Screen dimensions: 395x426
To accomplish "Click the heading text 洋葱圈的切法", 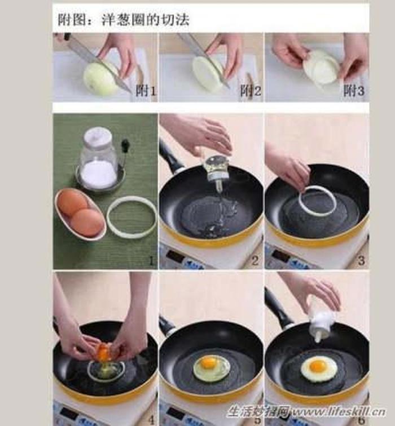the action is tap(146, 20).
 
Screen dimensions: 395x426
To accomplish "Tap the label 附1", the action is tap(146, 91).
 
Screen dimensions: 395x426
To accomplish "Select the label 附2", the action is tap(251, 91).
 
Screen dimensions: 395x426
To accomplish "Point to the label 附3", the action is tap(354, 91).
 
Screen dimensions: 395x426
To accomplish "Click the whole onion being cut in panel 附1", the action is tap(101, 77).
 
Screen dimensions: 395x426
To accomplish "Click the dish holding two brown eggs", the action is tap(81, 214).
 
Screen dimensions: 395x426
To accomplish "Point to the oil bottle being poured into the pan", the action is tap(217, 171).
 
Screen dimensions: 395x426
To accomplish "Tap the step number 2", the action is tap(255, 261).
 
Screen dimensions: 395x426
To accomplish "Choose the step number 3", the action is tap(361, 261).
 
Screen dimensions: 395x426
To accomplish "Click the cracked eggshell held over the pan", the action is tap(103, 351).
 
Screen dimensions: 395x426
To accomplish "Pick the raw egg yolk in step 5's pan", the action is tap(208, 362).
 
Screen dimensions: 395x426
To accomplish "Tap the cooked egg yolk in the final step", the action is tap(318, 365).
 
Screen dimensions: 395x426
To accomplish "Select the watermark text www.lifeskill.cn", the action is tap(338, 411).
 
